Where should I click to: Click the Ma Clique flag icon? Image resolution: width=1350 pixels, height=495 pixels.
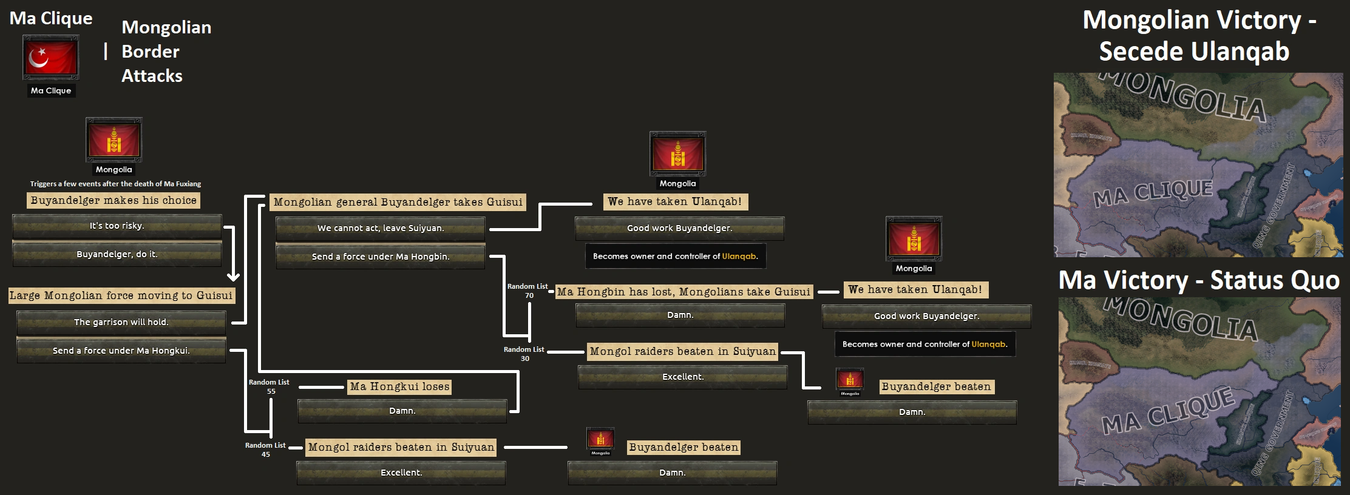tap(51, 58)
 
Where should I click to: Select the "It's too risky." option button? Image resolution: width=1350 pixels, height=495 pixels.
tap(117, 226)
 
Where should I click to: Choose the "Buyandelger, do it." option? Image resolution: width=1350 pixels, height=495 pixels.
tap(117, 254)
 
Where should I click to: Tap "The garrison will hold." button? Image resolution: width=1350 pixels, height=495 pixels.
tap(121, 322)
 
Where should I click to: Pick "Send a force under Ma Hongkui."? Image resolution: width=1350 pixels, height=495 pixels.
tap(121, 351)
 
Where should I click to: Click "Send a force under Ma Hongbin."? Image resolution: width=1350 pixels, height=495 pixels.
tap(381, 257)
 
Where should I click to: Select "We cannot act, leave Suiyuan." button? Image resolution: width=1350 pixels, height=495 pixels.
tap(381, 228)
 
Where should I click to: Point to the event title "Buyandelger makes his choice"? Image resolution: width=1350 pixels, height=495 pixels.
tap(114, 200)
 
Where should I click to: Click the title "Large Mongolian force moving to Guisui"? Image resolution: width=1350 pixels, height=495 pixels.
tap(121, 295)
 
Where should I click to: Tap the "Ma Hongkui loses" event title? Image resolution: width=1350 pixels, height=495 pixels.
tap(400, 386)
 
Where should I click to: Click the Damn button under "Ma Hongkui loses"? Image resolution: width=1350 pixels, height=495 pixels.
tap(402, 411)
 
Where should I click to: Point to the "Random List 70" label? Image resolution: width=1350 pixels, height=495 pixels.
tap(527, 291)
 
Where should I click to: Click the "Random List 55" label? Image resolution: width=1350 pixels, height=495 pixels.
tap(269, 386)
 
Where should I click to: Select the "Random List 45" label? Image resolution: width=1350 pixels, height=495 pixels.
tap(265, 450)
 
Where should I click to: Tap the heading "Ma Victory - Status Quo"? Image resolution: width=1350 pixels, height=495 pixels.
tap(1199, 280)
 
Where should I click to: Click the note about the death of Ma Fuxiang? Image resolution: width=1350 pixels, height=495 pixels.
tap(115, 184)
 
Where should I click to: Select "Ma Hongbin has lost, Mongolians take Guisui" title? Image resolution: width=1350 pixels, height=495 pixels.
tap(683, 292)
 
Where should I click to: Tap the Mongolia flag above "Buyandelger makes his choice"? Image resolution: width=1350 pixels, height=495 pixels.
tap(114, 140)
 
